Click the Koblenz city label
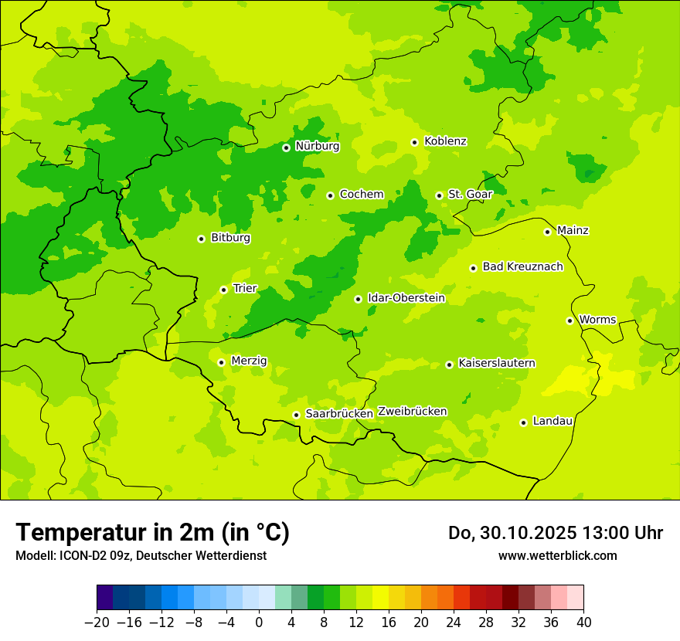(x=445, y=141)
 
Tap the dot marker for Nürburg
(x=286, y=148)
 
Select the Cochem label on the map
(x=362, y=195)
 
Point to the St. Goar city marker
(x=439, y=195)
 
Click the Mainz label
(x=573, y=231)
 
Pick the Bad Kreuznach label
(x=522, y=267)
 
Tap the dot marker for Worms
(x=569, y=320)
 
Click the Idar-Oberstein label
(x=406, y=298)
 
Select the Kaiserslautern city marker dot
(x=449, y=365)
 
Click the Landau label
(x=552, y=422)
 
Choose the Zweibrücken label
(x=412, y=412)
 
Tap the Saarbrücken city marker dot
(x=296, y=415)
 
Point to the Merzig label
(x=249, y=361)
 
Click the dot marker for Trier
(x=223, y=290)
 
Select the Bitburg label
(x=230, y=238)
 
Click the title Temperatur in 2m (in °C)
(x=152, y=533)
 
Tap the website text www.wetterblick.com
(x=557, y=556)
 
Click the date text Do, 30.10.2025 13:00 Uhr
(x=555, y=533)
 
